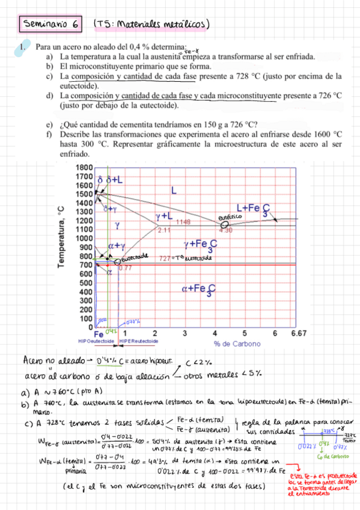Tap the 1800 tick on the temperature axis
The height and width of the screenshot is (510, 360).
pos(84,167)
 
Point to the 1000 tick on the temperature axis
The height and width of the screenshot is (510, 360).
pos(84,238)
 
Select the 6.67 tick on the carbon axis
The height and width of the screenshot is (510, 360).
pos(297,333)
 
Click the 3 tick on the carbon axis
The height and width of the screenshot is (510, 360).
pos(185,333)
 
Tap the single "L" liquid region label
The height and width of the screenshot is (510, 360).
pos(174,191)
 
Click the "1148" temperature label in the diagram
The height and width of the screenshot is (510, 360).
pos(183,222)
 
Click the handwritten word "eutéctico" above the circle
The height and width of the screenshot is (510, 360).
pos(230,217)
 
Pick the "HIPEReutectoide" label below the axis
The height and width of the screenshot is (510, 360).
pos(139,340)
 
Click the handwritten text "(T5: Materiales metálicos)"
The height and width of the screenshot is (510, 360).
pos(151,25)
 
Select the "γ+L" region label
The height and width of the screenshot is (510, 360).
pos(164,215)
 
